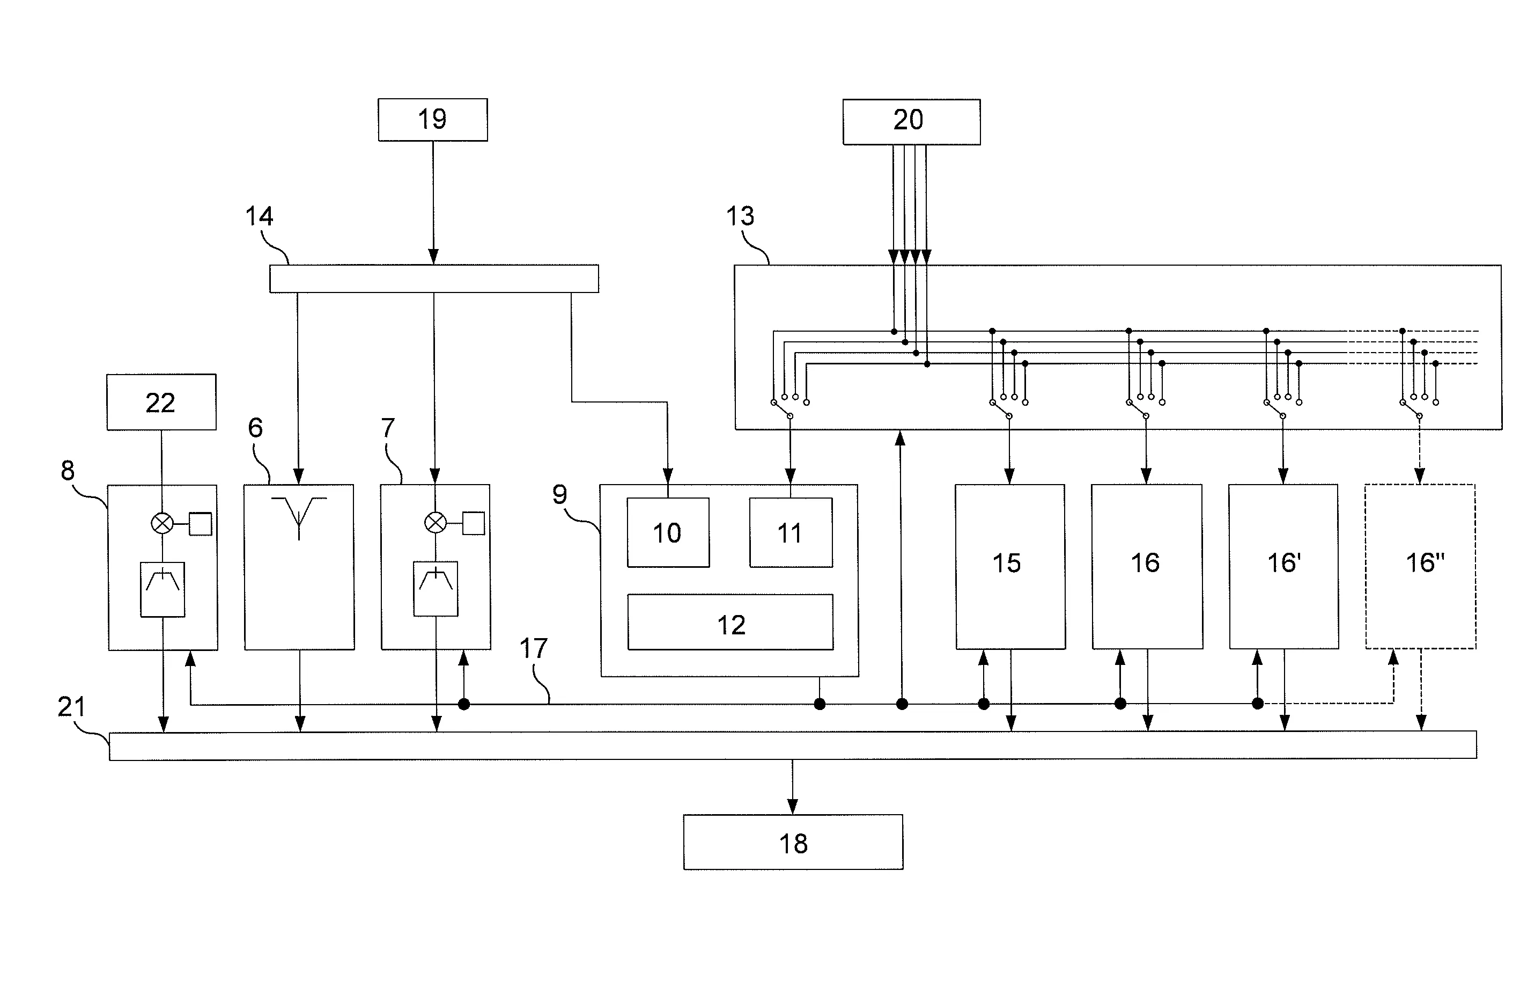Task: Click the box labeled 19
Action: point(432,120)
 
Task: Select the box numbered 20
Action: point(911,121)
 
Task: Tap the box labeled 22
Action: point(161,402)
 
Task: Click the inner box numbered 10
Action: point(667,532)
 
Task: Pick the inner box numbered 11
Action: point(790,532)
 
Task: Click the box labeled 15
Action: point(1010,566)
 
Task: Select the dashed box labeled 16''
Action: point(1420,566)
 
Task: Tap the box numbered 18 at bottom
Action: point(793,842)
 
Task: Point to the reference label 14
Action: point(259,217)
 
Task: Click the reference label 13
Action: point(740,217)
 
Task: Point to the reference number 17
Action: point(533,649)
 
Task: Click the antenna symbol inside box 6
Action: point(299,515)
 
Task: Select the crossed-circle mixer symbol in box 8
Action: point(161,524)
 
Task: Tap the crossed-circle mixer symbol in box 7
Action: point(436,523)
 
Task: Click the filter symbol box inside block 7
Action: point(436,589)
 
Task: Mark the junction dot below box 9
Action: point(820,704)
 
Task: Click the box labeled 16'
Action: point(1283,566)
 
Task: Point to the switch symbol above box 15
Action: point(1001,409)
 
